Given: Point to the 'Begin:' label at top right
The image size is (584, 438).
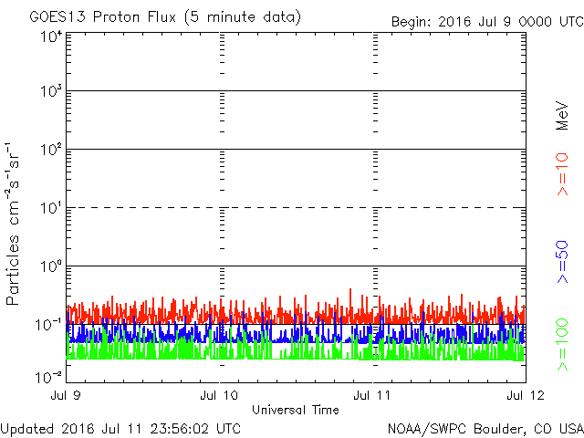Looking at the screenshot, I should point(412,22).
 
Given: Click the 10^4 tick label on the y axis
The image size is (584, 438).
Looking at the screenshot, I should point(51,37).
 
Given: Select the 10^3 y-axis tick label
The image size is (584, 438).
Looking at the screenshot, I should point(51,92).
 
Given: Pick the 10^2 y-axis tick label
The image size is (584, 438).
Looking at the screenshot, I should point(51,150).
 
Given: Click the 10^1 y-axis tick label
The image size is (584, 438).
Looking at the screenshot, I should point(51,208).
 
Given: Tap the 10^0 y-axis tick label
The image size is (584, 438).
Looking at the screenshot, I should point(51,266).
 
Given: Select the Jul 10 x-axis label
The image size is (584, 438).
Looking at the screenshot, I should point(219,395).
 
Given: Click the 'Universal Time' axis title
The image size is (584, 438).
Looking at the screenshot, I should point(296,411).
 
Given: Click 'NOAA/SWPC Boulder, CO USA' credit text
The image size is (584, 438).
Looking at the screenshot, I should point(485,428).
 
